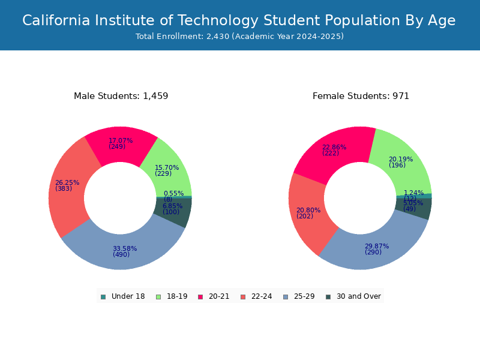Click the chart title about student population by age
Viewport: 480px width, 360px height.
[x=239, y=20]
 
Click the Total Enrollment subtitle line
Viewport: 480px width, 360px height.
[x=239, y=37]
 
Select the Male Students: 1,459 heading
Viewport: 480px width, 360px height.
[x=121, y=96]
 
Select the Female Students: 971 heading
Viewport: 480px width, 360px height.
[x=361, y=96]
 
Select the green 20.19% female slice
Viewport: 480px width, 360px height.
[x=401, y=164]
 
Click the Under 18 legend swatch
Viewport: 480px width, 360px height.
[x=103, y=297]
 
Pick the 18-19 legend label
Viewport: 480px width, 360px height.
[x=177, y=296]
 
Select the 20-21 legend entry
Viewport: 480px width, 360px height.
[x=214, y=296]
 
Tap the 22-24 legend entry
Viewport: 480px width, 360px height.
[x=256, y=296]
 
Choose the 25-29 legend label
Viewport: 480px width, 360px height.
[x=304, y=296]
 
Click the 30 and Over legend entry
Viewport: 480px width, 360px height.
[x=353, y=296]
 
